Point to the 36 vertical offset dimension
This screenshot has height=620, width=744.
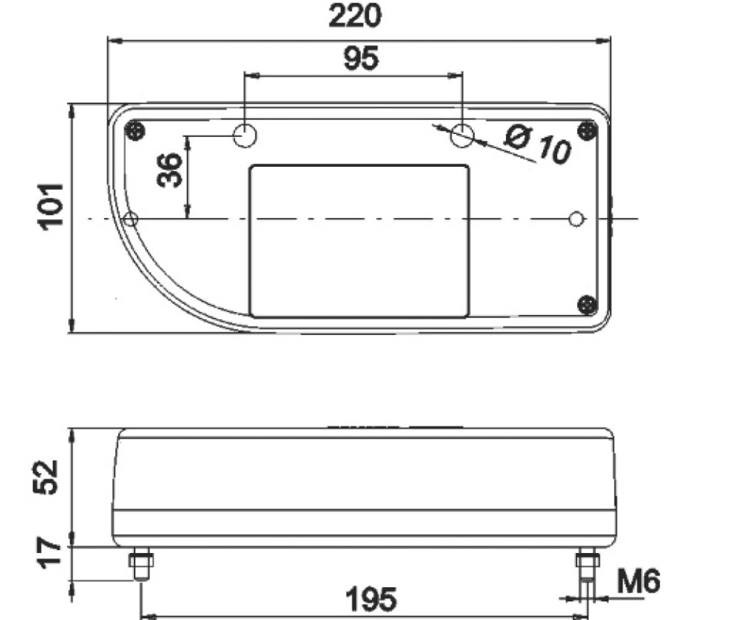pos(169,170)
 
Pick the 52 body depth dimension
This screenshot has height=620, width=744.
pos(47,477)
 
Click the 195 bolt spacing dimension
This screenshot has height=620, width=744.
pos(370,600)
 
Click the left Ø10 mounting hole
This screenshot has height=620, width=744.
pos(245,136)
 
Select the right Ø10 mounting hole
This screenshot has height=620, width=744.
pos(463,135)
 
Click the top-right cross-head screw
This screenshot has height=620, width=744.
pos(587,130)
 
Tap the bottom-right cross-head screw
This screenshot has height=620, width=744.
pos(587,304)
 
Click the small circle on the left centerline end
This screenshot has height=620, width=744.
pos(131,219)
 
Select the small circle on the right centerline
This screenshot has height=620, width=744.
pos(577,219)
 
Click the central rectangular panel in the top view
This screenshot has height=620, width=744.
pos(359,241)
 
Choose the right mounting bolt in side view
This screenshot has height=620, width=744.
pos(587,564)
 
